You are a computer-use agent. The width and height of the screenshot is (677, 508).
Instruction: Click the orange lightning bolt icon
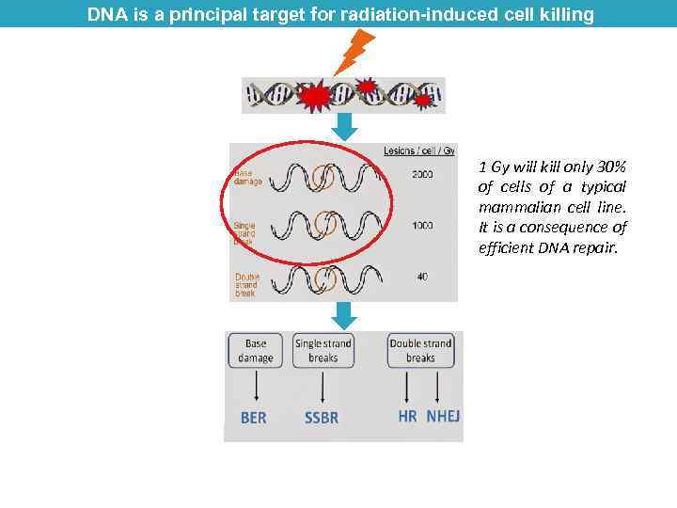354,52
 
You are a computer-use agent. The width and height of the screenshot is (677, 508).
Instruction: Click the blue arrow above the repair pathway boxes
345,315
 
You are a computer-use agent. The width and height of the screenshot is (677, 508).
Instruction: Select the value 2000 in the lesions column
422,175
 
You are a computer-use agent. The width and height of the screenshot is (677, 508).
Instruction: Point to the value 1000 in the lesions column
422,226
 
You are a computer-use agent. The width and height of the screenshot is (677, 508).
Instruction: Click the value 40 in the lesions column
422,277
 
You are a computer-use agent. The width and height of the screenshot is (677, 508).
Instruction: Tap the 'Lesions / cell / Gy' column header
419,151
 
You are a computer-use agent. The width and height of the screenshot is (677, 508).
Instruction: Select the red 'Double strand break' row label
245,284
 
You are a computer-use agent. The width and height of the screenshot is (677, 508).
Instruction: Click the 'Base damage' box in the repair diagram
256,351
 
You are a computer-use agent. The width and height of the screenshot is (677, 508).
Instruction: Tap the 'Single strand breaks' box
323,351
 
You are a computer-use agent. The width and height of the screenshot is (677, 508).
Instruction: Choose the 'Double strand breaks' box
420,351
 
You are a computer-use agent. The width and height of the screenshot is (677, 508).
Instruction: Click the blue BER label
254,417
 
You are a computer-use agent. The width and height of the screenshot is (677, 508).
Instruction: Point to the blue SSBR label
322,417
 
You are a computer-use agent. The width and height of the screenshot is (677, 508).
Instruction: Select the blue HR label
407,415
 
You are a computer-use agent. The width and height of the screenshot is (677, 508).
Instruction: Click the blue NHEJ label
443,415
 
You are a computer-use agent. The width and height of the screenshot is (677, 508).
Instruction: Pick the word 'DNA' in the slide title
106,14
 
